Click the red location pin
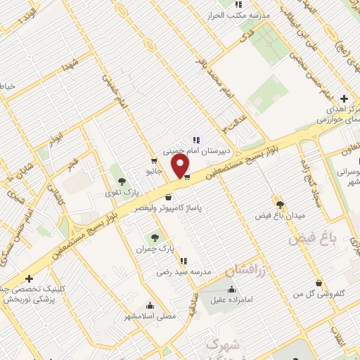(x=181, y=166)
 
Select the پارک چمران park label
(x=156, y=248)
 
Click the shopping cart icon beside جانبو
(x=153, y=161)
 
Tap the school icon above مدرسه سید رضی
(x=184, y=262)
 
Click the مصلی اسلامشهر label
(x=150, y=316)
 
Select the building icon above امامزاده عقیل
(x=232, y=289)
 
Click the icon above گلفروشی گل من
(x=319, y=283)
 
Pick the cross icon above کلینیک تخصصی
(x=29, y=278)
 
